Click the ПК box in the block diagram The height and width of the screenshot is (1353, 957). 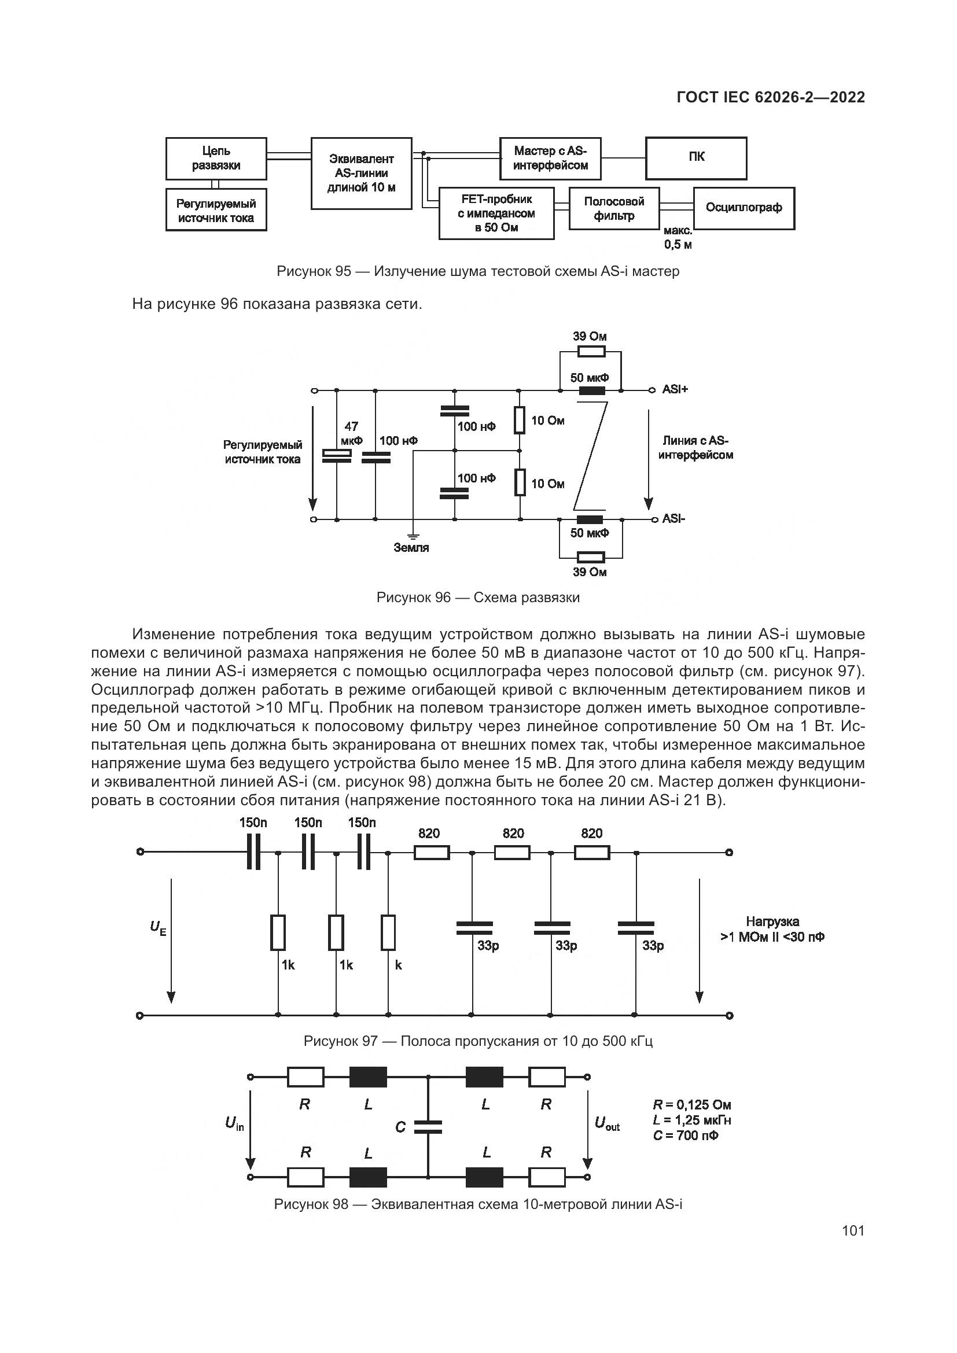(696, 158)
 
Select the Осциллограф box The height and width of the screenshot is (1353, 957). (743, 208)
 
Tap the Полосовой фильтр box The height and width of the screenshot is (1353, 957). (613, 209)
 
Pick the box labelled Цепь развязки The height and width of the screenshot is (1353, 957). (216, 158)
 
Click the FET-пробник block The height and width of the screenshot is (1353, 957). (496, 213)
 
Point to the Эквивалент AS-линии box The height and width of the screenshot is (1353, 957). (360, 174)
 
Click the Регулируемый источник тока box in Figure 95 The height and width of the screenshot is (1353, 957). (216, 211)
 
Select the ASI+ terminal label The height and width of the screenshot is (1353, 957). (675, 389)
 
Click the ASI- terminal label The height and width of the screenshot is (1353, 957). (673, 518)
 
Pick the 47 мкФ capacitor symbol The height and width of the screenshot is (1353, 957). (337, 455)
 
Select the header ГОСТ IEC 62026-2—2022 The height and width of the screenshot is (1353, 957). (771, 97)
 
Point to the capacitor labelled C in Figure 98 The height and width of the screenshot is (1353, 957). (428, 1127)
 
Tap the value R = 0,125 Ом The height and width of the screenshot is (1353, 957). (692, 1105)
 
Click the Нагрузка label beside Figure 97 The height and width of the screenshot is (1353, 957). (772, 921)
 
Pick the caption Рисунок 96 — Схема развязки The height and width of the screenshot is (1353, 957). (478, 598)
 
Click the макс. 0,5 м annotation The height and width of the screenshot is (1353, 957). (678, 238)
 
